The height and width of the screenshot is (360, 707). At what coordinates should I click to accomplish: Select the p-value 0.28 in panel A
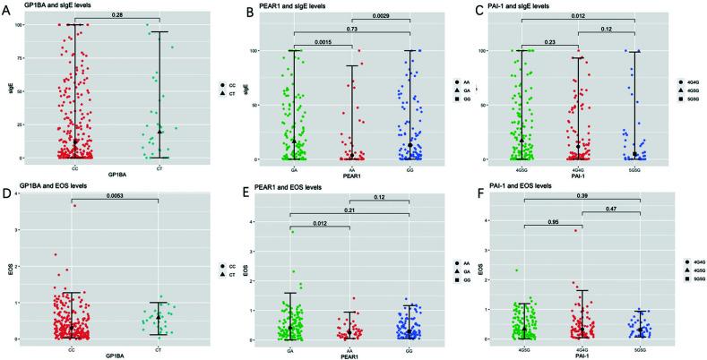[116, 15]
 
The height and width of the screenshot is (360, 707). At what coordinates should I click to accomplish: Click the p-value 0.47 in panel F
[617, 208]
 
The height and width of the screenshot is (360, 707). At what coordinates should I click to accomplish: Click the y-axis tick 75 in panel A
[23, 57]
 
